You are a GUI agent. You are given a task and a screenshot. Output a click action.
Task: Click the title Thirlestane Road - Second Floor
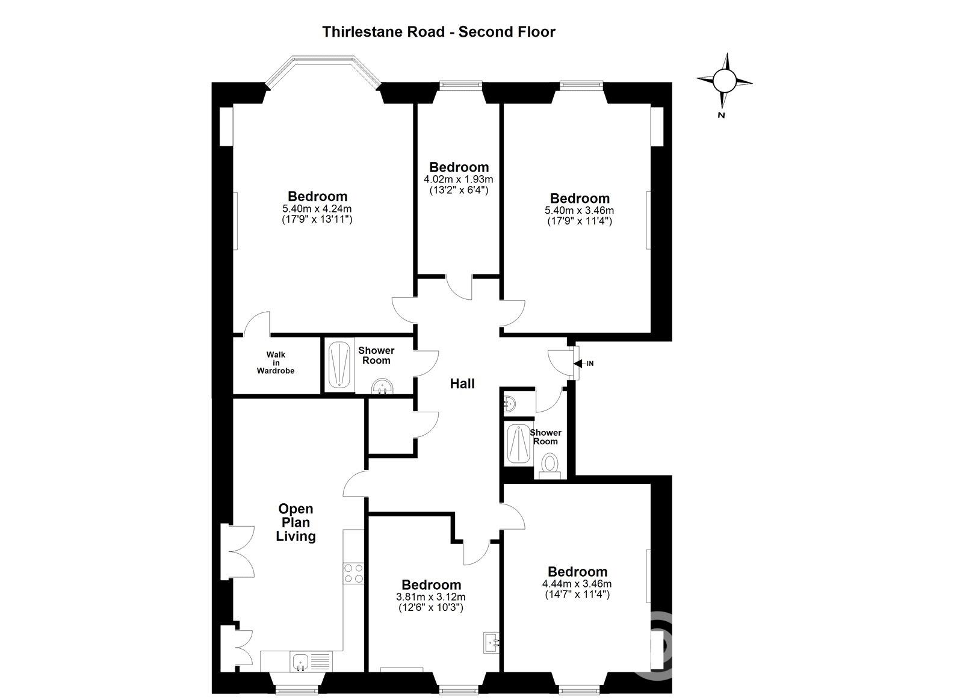tap(439, 32)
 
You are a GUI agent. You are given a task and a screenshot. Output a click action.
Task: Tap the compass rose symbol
tap(725, 81)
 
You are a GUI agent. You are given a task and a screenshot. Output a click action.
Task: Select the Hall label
tap(462, 383)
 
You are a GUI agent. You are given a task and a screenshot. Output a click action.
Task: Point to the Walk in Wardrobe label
tap(276, 363)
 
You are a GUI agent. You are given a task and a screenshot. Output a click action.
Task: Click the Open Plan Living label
tap(296, 522)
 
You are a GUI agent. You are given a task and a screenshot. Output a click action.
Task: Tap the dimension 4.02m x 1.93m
tap(459, 179)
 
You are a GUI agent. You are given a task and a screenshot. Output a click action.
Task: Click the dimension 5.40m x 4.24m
tap(317, 209)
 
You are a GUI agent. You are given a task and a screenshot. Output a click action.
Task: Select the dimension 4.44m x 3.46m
tap(577, 584)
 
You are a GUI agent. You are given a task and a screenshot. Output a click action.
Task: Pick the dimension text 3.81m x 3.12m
tap(431, 597)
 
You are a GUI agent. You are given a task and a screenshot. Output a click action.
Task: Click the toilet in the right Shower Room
tap(550, 466)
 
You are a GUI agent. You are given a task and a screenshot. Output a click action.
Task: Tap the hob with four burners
tap(353, 573)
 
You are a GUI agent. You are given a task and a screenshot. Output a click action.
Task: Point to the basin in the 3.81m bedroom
tap(492, 643)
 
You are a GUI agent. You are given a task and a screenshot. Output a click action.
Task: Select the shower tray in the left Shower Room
tap(339, 365)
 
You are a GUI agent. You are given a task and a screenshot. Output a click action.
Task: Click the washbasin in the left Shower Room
tap(382, 386)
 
